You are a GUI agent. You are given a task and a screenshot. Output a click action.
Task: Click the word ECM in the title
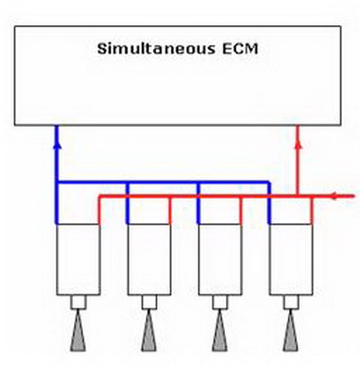[x=240, y=49]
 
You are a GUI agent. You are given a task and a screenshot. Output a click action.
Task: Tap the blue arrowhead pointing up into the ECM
[x=58, y=145]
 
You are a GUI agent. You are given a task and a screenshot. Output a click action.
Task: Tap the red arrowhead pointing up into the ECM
[x=298, y=145]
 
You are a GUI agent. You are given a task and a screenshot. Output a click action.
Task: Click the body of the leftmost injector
[x=78, y=260]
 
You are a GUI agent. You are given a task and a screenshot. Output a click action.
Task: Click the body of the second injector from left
[x=149, y=260]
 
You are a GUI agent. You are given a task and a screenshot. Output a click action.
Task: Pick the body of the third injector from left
[x=220, y=260]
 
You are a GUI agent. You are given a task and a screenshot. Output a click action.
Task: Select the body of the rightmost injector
[x=291, y=260]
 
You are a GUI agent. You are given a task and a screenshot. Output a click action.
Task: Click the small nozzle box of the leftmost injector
[x=78, y=302]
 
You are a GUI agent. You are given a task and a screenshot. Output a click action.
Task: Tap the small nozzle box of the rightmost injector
[x=291, y=302]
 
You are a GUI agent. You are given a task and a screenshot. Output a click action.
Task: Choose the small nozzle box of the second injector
[x=149, y=302]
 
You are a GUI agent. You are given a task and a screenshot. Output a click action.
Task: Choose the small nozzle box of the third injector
[x=220, y=302]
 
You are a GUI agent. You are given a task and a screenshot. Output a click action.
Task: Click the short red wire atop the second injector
[x=170, y=210]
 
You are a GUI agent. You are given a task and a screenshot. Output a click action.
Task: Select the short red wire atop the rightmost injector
[x=311, y=210]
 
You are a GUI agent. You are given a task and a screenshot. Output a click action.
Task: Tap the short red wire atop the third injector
[x=240, y=210]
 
